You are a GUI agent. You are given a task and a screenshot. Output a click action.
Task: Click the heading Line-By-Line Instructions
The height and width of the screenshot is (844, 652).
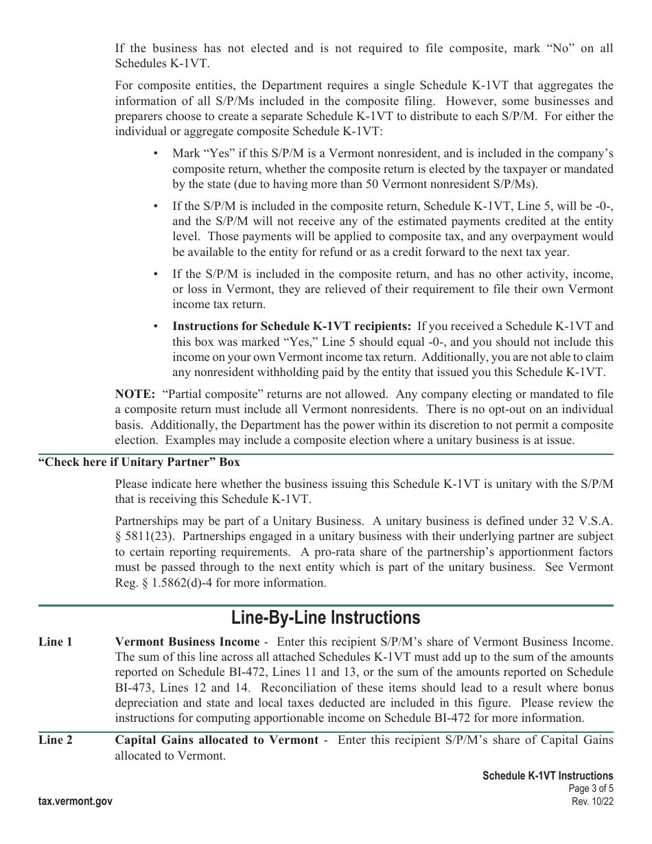point(325,618)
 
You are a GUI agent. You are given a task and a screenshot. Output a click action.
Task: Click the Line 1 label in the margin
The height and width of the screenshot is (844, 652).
point(56,642)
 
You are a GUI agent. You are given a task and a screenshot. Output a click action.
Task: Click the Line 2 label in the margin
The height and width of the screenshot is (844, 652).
point(56,740)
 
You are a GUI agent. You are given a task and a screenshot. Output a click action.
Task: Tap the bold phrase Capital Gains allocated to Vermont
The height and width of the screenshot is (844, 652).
point(216,740)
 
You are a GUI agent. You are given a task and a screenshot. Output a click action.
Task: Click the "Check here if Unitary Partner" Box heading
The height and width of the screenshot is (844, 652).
point(139,462)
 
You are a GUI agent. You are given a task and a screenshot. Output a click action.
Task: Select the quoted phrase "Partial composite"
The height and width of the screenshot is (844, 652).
point(207,395)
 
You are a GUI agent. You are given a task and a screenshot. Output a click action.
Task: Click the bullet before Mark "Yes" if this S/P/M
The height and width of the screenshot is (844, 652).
point(156,154)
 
